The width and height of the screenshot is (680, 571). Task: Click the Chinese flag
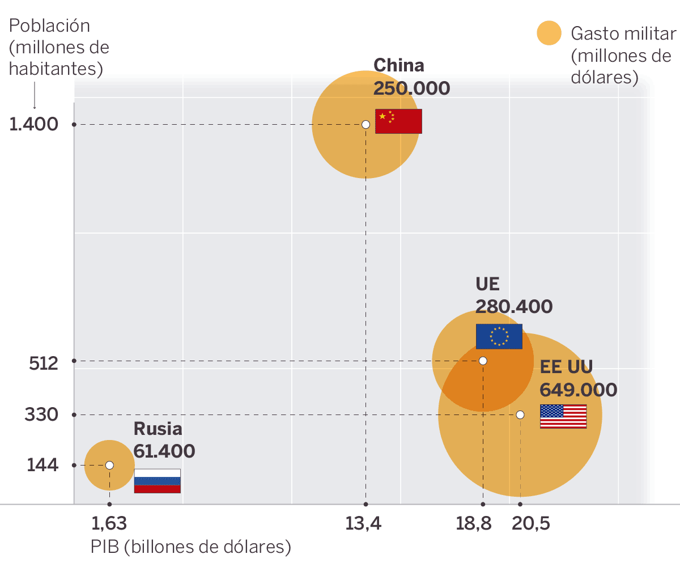point(398,121)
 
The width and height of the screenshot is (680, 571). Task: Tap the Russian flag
point(157,481)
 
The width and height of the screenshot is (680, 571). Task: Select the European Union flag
point(499,336)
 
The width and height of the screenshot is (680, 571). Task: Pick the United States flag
point(563,416)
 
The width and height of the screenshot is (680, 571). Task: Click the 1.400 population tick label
point(34,124)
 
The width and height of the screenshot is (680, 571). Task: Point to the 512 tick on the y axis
point(44,363)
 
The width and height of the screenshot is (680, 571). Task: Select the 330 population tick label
point(41,415)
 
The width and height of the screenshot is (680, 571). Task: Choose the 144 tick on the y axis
point(42,466)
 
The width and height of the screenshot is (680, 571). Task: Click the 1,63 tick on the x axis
point(109,523)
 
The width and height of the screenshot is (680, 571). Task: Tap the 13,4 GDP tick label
point(364,523)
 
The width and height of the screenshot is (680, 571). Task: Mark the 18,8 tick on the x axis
point(474,523)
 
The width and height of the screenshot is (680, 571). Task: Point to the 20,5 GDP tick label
point(531,523)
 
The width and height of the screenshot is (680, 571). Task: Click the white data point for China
point(365,124)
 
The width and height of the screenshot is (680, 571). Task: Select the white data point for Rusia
point(109,465)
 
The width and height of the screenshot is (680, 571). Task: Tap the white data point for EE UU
point(520,414)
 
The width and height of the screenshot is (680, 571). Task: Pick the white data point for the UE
point(483,361)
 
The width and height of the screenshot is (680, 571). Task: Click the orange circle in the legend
point(549,33)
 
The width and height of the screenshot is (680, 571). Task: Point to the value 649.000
point(578,390)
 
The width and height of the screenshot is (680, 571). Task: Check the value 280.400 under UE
point(513,307)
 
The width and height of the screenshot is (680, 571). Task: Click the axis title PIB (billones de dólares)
point(191,547)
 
